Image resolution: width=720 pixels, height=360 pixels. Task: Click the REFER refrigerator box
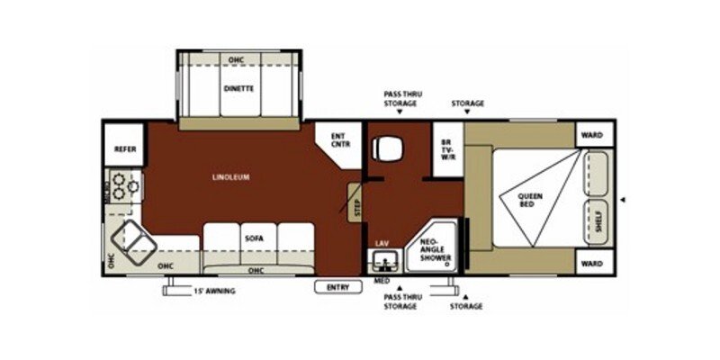125,148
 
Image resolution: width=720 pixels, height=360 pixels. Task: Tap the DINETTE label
238,88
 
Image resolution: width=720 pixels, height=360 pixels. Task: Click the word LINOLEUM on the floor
231,176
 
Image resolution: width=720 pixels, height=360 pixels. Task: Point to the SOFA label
253,238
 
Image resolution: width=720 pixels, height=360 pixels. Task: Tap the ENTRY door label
337,287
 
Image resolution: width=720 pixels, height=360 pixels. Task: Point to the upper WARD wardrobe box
591,135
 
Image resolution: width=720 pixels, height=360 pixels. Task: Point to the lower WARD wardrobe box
591,264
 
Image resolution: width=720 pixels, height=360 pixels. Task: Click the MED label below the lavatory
381,281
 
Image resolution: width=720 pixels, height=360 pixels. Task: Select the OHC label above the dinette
237,60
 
